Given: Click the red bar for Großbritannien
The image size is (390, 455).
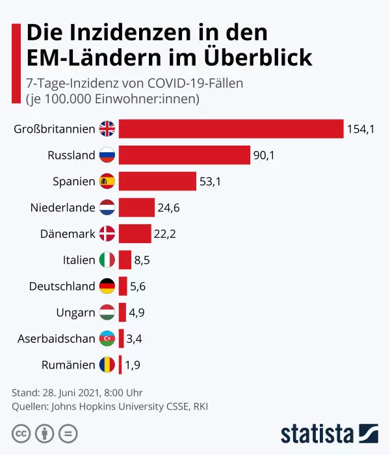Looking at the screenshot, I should (231, 129).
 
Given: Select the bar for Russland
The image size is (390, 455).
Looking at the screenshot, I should (184, 155).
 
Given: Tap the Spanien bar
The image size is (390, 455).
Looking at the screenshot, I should (157, 181).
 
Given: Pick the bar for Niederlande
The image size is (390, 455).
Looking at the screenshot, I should (136, 208).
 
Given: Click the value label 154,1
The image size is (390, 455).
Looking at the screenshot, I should (361, 129).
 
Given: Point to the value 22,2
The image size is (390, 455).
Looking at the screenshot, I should (165, 234).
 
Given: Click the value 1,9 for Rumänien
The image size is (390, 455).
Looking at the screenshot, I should (133, 365).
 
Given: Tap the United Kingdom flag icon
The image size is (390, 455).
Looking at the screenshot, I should (107, 129).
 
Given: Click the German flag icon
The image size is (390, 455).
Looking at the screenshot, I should (107, 287).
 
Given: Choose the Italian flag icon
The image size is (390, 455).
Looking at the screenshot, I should (107, 261).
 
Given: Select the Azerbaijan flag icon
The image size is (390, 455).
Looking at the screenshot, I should (107, 339).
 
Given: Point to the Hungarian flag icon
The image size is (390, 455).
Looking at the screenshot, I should (107, 313).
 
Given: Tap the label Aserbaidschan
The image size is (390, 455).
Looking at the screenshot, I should (57, 339).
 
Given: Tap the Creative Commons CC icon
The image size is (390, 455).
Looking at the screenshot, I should (21, 433).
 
